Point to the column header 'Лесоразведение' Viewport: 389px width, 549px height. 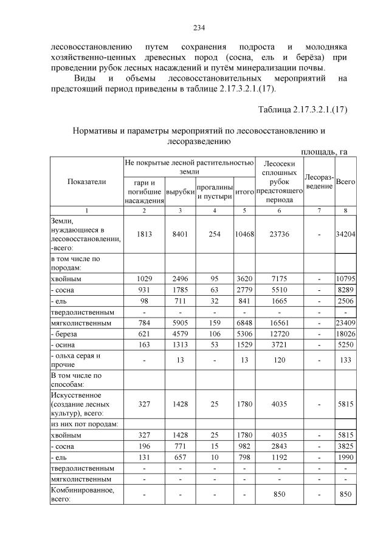[318, 181]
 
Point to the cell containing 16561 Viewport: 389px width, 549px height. [280, 323]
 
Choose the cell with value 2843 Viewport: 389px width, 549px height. [280, 445]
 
